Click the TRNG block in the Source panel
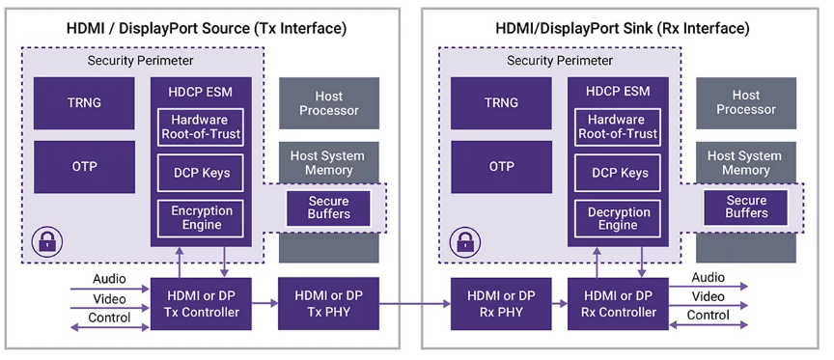pyautogui.click(x=84, y=103)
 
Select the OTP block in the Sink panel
pyautogui.click(x=501, y=167)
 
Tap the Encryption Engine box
pyautogui.click(x=201, y=218)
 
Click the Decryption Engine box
pyautogui.click(x=618, y=218)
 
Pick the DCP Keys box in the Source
pyautogui.click(x=201, y=173)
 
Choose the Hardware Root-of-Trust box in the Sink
pyautogui.click(x=618, y=127)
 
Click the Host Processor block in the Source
pyautogui.click(x=329, y=103)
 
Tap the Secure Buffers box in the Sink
pyautogui.click(x=746, y=208)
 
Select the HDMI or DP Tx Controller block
pyautogui.click(x=201, y=304)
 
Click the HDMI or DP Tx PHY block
pyautogui.click(x=329, y=304)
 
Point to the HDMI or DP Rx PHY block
pyautogui.click(x=501, y=304)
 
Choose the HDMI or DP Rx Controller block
pyautogui.click(x=618, y=304)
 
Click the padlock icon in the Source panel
pyautogui.click(x=46, y=242)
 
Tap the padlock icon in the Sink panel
pyautogui.click(x=464, y=242)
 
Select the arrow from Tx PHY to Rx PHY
pyautogui.click(x=415, y=304)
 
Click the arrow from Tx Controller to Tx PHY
pyautogui.click(x=264, y=304)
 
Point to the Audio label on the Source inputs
pyautogui.click(x=110, y=279)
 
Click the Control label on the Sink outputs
pyautogui.click(x=708, y=315)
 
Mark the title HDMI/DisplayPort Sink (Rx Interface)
pyautogui.click(x=623, y=28)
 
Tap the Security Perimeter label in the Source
pyautogui.click(x=140, y=61)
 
